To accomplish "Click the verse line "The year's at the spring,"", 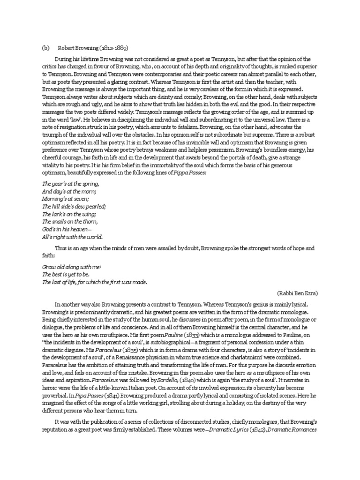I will click(x=70, y=184).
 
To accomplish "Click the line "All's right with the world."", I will click(x=72, y=236).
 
